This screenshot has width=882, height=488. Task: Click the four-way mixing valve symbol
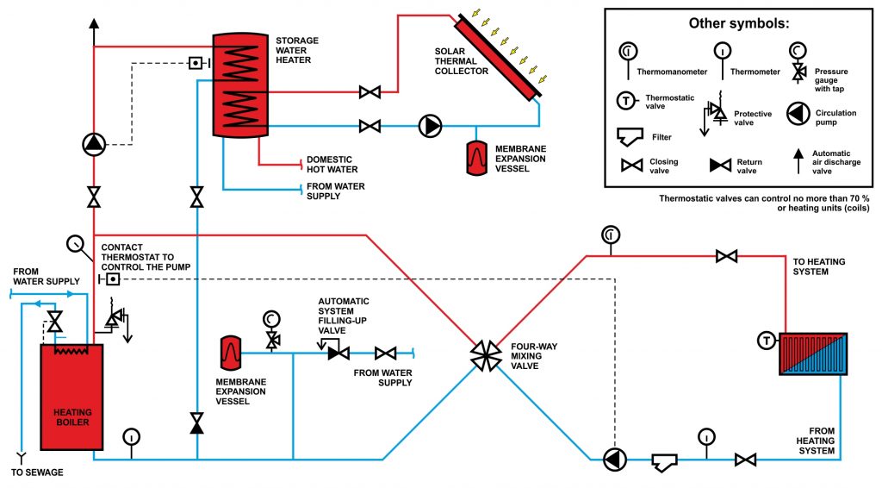coord(486,356)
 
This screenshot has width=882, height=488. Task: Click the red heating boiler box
coord(71,397)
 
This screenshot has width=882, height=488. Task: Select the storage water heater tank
coord(240,85)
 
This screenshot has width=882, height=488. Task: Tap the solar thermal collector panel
coord(499,57)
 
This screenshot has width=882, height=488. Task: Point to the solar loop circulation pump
coord(431,126)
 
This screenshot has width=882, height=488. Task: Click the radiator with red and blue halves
coord(813,354)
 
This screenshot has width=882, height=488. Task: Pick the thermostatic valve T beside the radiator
coord(766,341)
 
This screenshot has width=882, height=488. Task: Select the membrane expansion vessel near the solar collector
coord(477,157)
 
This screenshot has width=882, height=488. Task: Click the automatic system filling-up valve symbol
coord(338,353)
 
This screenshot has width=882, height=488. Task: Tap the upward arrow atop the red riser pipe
coord(94,23)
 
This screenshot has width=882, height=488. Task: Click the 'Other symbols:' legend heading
coord(738,23)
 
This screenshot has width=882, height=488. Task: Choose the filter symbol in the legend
coord(630,137)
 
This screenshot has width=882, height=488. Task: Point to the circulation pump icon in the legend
coord(798,115)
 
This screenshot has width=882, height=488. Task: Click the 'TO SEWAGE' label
coord(37,472)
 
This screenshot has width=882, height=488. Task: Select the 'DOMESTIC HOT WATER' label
coord(332,165)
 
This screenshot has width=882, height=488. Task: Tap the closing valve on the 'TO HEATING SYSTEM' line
coord(727,257)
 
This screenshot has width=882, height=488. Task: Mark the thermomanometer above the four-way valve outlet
coord(611,235)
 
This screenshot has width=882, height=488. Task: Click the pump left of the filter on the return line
coord(614,460)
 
